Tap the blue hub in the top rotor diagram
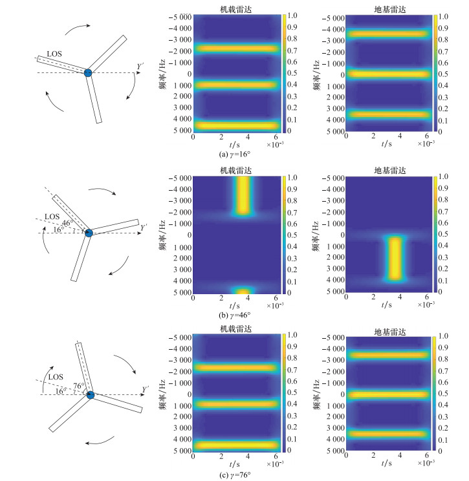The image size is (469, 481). pyautogui.click(x=89, y=72)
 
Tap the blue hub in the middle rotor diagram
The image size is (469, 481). pyautogui.click(x=89, y=233)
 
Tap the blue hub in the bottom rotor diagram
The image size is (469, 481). pyautogui.click(x=91, y=394)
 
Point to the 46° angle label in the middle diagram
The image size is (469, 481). pyautogui.click(x=66, y=223)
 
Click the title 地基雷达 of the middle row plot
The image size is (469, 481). pyautogui.click(x=388, y=169)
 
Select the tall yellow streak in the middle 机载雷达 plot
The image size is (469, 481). pyautogui.click(x=243, y=195)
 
